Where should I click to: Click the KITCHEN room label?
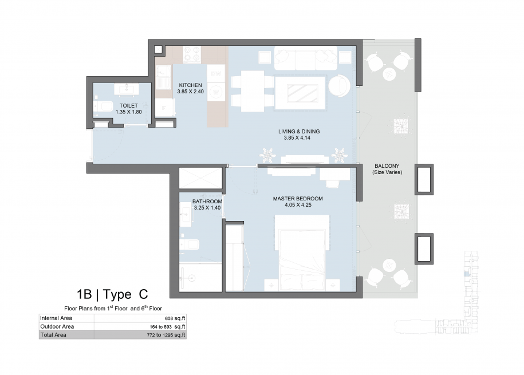(190, 85)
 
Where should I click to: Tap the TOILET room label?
(129, 105)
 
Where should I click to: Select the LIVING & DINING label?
(299, 131)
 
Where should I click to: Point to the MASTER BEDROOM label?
(298, 199)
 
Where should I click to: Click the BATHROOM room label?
(207, 201)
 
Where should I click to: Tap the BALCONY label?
(387, 166)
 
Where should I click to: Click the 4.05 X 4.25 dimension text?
(298, 205)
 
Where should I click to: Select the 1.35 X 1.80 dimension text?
(129, 112)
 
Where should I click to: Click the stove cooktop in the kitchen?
(192, 54)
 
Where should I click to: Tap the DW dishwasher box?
(215, 73)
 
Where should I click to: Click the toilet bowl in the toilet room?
(103, 106)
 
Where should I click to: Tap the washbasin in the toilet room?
(127, 89)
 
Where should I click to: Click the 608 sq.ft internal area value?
(175, 318)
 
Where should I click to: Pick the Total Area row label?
(53, 335)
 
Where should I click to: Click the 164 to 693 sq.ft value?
(167, 327)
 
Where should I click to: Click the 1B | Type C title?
(112, 294)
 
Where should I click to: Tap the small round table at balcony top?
(389, 74)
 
